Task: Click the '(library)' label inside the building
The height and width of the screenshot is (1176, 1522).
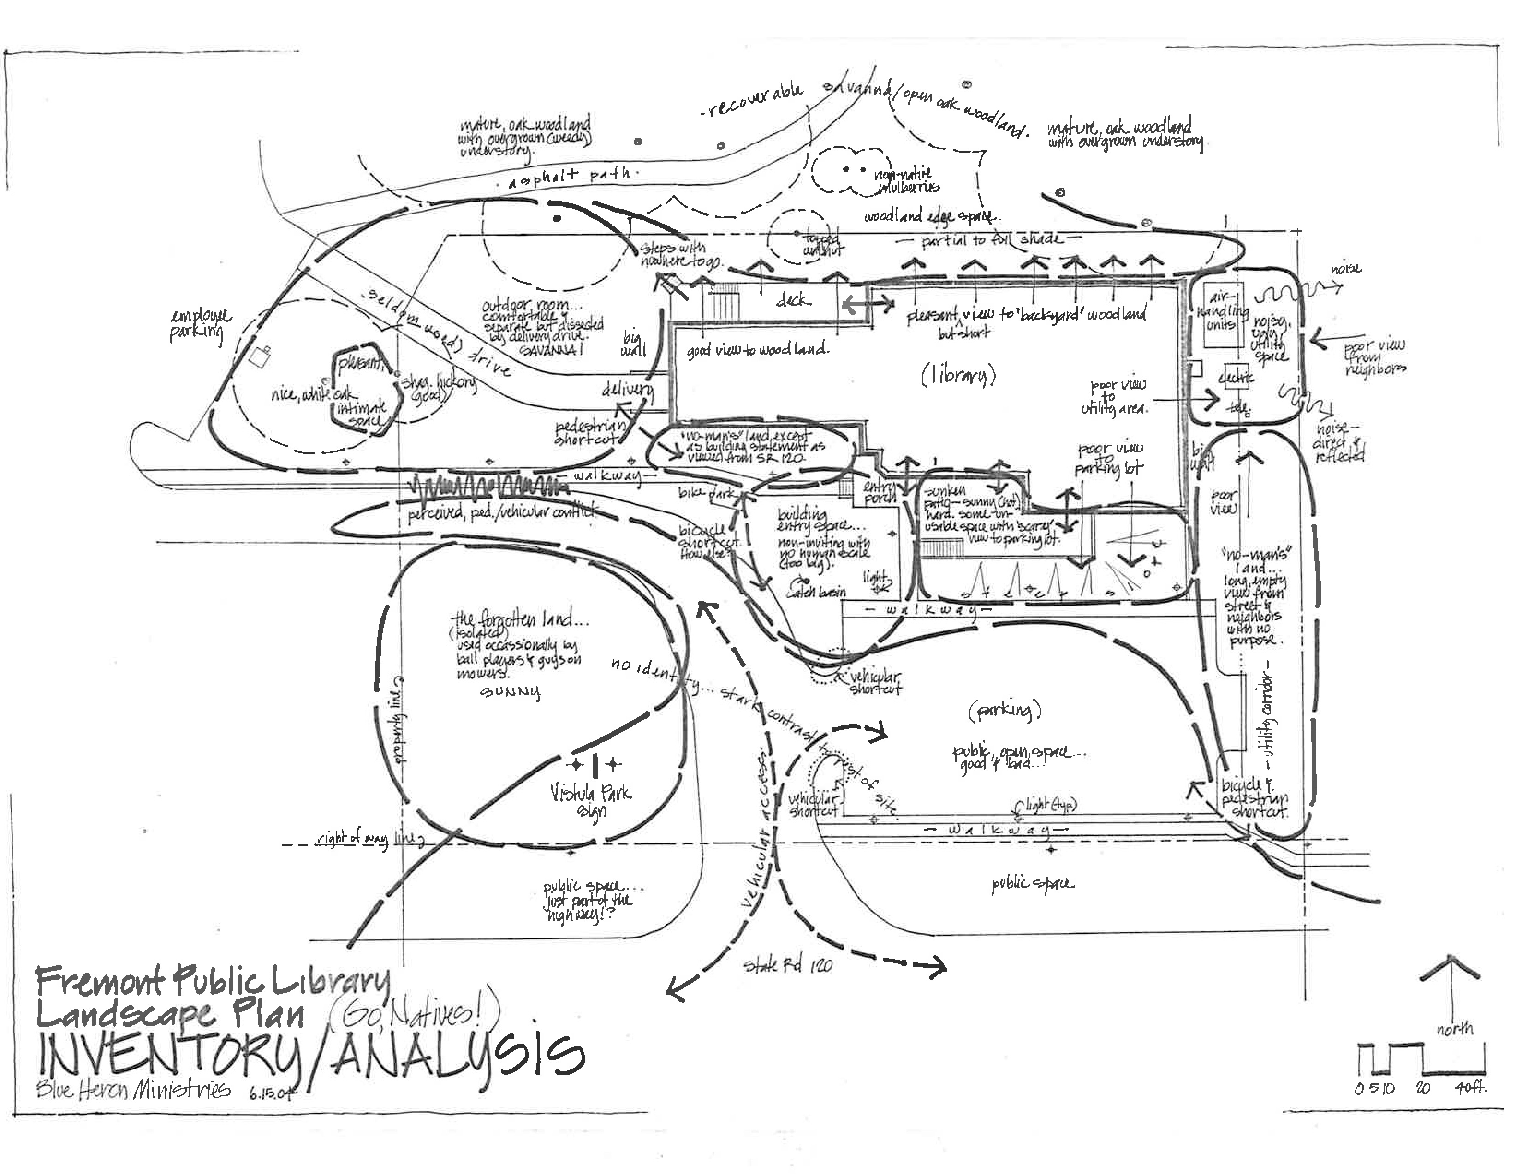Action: tap(958, 375)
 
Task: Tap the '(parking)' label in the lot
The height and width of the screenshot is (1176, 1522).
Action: tap(1004, 711)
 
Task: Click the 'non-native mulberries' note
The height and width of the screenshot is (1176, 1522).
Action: tap(906, 180)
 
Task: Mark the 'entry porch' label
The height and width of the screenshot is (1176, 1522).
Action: tap(878, 494)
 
